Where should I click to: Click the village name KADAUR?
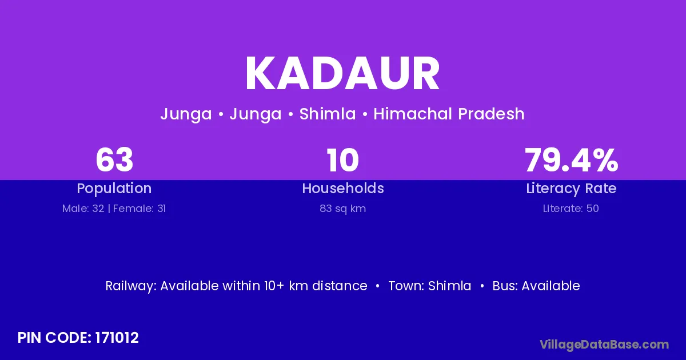[342, 74]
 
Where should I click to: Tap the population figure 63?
[114, 160]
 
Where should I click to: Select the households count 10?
[342, 160]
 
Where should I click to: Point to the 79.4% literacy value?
[572, 160]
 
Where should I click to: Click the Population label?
[114, 188]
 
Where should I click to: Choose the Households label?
[343, 188]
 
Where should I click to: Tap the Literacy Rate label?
[571, 189]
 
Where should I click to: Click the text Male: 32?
[83, 209]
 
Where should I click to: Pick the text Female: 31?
[139, 209]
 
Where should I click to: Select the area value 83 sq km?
[342, 209]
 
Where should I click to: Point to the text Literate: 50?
[571, 209]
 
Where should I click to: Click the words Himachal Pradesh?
[449, 114]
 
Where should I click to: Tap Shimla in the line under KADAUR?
[328, 114]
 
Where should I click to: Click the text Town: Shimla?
[430, 286]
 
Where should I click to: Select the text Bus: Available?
[536, 286]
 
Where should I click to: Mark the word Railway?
[130, 286]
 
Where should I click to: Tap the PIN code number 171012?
[117, 338]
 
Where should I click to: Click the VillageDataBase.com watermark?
[604, 345]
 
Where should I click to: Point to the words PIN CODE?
[54, 338]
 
